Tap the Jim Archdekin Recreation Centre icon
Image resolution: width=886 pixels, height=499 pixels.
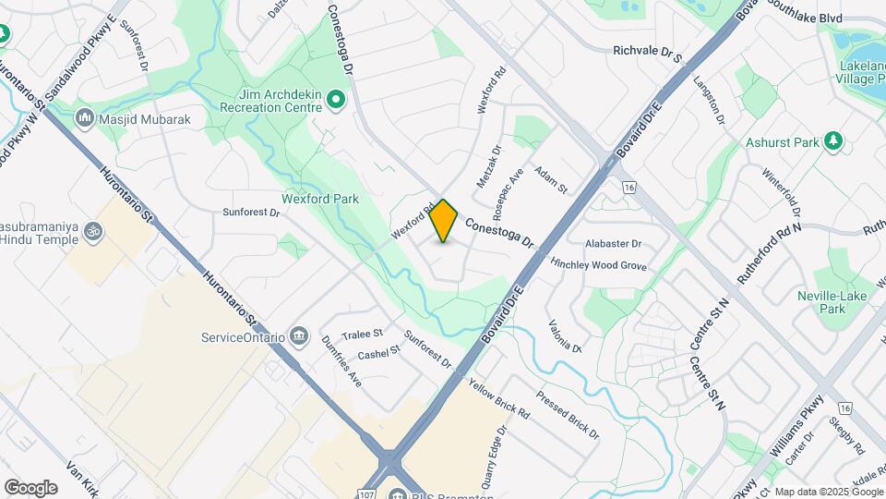337,99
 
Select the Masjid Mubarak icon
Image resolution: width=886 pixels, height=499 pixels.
86,118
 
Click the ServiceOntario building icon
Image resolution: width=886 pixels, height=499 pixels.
298,335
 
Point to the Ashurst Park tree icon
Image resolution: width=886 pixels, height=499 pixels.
834,140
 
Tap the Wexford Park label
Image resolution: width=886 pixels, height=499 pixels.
319,199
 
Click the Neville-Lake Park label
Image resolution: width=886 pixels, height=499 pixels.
820,302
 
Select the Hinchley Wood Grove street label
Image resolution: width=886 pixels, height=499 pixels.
598,265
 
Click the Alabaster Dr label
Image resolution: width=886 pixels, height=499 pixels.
613,243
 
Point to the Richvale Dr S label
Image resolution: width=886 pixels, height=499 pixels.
647,56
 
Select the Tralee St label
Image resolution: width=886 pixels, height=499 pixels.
362,333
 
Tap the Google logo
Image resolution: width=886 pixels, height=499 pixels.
30,487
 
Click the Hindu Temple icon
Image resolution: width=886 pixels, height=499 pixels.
91,230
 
